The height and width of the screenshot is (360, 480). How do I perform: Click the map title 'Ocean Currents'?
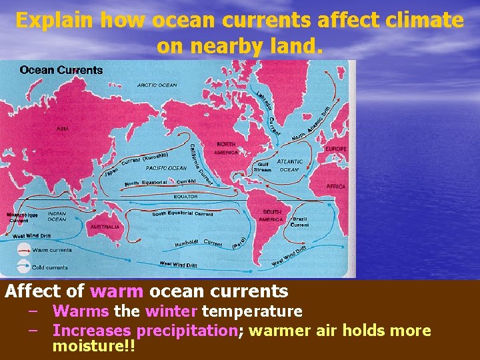(61, 70)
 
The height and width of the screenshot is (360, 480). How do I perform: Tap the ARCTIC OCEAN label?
(157, 85)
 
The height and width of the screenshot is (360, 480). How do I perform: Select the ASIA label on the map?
(62, 128)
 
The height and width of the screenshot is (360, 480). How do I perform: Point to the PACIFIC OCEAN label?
(166, 168)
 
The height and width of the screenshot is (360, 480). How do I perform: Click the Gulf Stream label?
(263, 167)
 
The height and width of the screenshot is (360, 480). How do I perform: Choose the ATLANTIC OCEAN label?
(289, 165)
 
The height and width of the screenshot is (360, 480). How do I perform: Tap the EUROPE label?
(335, 148)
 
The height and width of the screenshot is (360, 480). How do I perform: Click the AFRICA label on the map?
(336, 187)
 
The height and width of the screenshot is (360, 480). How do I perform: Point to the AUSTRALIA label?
(105, 227)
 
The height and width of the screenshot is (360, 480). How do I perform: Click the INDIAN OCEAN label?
(57, 217)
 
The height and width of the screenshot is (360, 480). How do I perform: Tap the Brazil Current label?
(299, 221)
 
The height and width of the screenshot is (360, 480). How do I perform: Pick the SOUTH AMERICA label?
(271, 215)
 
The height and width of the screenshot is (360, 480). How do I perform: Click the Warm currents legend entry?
(52, 250)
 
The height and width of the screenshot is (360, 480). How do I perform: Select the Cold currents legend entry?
(50, 267)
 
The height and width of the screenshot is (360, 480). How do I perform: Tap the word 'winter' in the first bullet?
(171, 311)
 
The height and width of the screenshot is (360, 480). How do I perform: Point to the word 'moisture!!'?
(93, 347)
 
